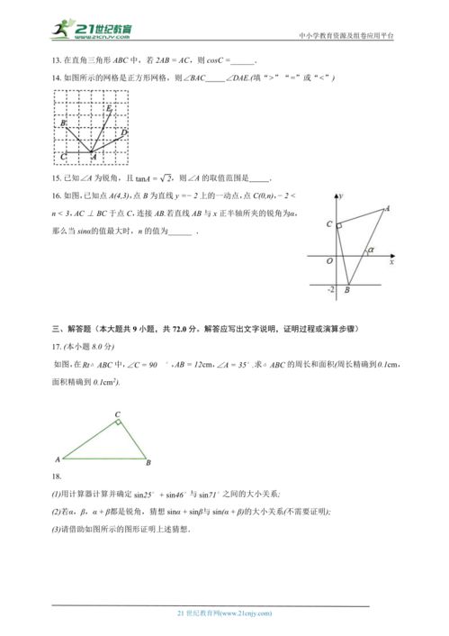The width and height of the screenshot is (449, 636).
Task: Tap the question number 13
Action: point(57,61)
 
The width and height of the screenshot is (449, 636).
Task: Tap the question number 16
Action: point(57,195)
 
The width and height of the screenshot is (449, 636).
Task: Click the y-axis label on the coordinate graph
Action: point(341,195)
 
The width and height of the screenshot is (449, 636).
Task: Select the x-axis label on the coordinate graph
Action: point(391,263)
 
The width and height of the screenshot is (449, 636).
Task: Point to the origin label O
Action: point(329,262)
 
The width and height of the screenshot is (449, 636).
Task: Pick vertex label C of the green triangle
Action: point(117,416)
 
